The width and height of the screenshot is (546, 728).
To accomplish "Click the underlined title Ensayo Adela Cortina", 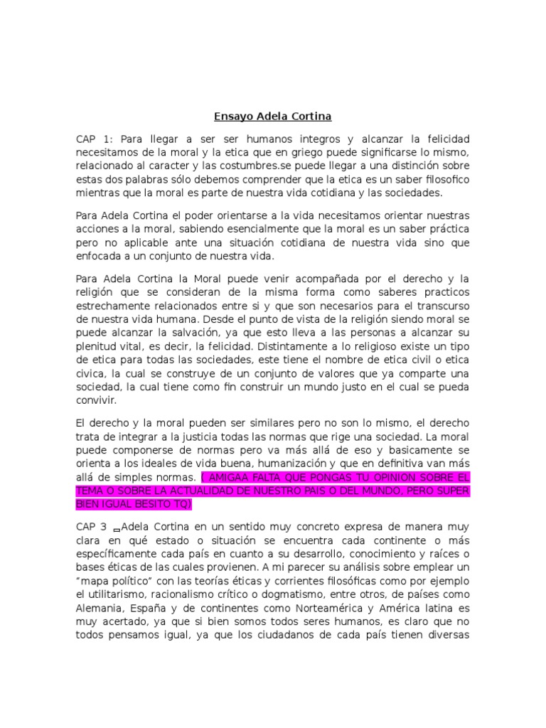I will point(273,115).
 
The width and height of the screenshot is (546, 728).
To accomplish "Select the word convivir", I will point(96,400).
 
